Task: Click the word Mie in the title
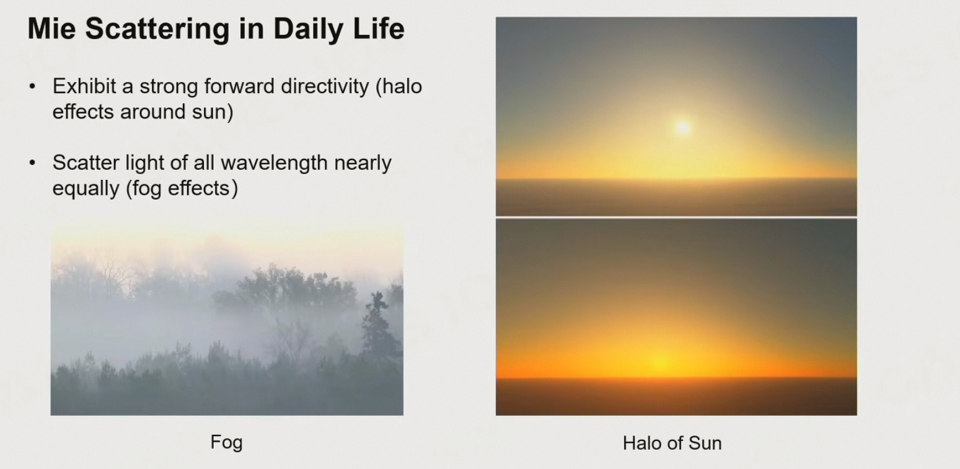[52, 29]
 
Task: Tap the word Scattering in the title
[157, 30]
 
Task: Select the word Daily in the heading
[308, 30]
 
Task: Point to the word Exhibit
[84, 86]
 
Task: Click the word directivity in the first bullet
[324, 87]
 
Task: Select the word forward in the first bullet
[239, 86]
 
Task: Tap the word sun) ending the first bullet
[213, 112]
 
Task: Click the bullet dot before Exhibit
[32, 87]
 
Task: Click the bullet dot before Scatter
[32, 163]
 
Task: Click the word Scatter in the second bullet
[86, 163]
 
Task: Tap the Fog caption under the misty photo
[226, 442]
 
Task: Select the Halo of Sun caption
[672, 443]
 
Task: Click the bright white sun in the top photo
[683, 127]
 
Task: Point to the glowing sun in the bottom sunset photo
[662, 364]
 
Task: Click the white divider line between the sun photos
[676, 218]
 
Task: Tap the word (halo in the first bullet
[399, 87]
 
